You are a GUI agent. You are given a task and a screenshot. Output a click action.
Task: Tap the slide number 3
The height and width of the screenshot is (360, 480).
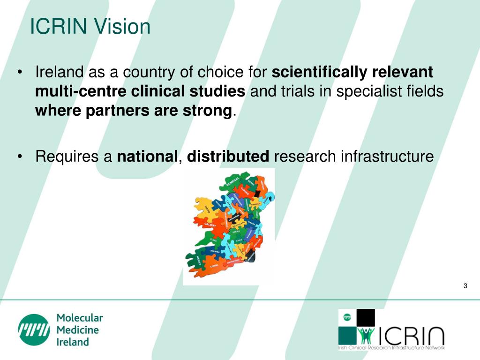click(x=465, y=286)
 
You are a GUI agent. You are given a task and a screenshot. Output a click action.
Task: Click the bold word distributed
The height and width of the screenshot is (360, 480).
click(x=228, y=156)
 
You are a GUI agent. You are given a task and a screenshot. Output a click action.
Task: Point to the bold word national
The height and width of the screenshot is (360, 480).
click(x=147, y=156)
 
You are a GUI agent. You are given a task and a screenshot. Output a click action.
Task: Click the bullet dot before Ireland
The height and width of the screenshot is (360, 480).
click(x=20, y=73)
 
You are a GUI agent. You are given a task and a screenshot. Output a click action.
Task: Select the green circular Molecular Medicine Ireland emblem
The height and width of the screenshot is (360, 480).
click(x=34, y=330)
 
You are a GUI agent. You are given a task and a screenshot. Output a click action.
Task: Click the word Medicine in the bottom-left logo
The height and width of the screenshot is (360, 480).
click(x=78, y=330)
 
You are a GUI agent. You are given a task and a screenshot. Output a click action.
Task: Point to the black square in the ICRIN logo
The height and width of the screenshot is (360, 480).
click(x=366, y=318)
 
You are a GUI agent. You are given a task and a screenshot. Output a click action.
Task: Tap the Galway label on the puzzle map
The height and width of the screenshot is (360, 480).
click(x=210, y=225)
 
